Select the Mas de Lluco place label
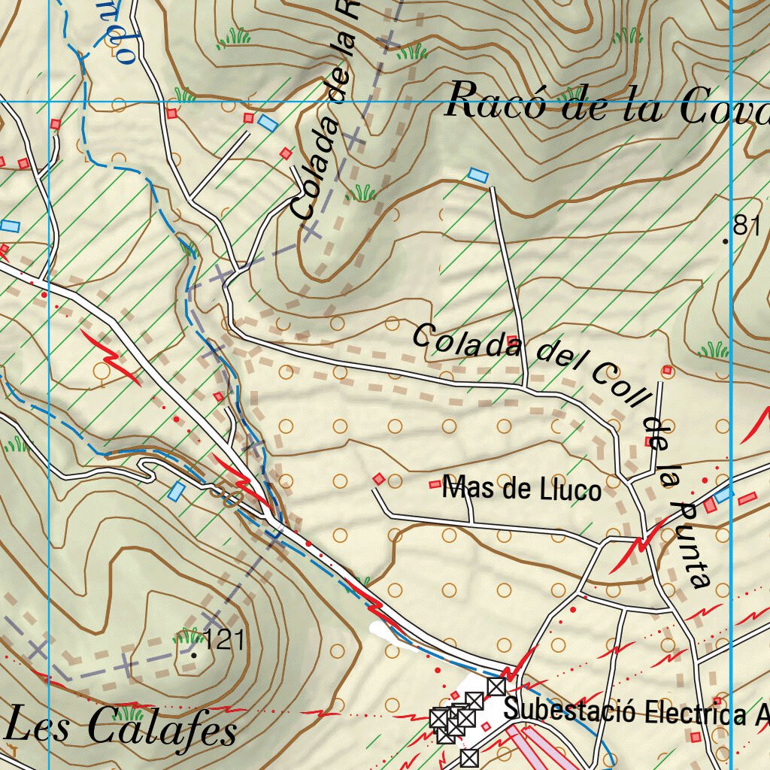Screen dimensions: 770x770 (x=523, y=490)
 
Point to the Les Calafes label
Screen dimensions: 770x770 (x=120, y=727)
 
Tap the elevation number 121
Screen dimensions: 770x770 (x=224, y=641)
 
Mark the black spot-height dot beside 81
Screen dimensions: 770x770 (x=726, y=241)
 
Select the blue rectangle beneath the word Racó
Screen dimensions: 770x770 (x=477, y=175)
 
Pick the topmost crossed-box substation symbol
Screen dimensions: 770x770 (x=496, y=686)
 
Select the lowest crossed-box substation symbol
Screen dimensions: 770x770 (x=469, y=757)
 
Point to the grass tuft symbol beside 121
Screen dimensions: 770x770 (x=186, y=635)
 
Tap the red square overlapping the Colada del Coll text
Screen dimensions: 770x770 (x=513, y=340)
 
